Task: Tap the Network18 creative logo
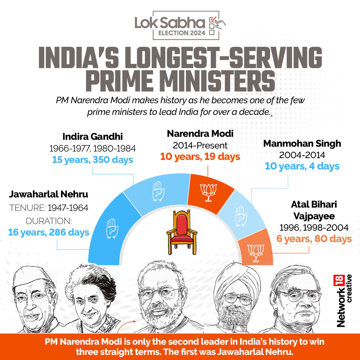click(x=345, y=300)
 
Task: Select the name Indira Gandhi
click(x=93, y=136)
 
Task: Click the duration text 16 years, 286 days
click(x=49, y=232)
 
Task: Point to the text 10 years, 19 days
click(x=200, y=157)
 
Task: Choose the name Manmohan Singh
click(x=302, y=143)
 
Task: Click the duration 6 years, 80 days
click(x=314, y=239)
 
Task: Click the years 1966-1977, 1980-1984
click(x=92, y=148)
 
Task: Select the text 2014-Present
click(x=200, y=145)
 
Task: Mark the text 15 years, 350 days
click(x=92, y=160)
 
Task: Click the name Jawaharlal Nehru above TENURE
click(x=49, y=194)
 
